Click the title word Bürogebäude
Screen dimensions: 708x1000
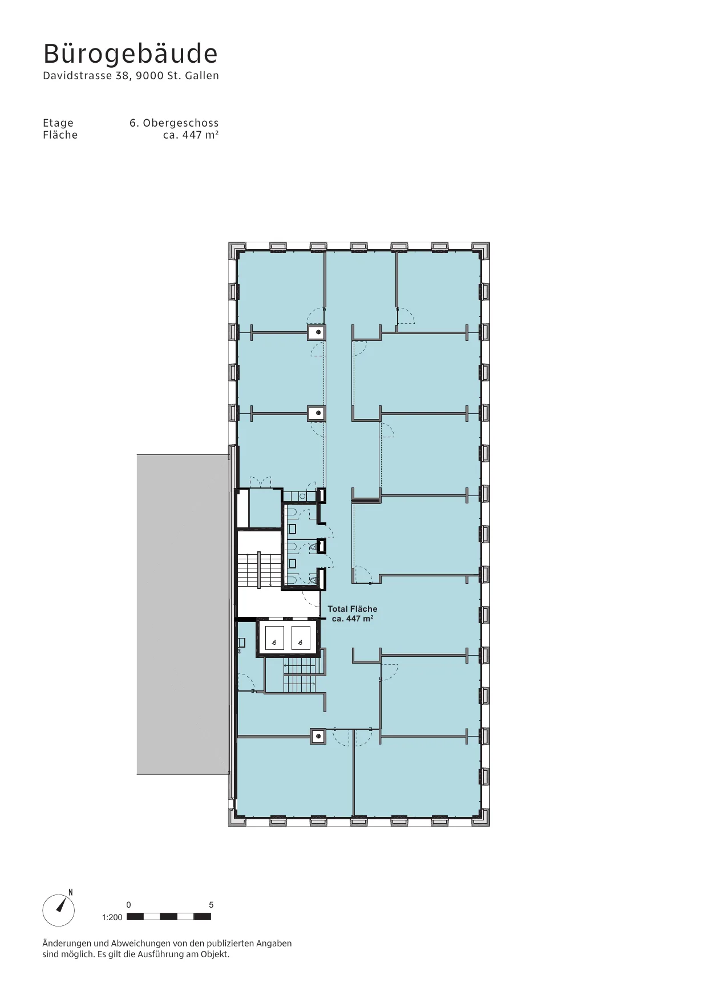(x=131, y=54)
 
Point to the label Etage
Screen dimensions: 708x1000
(x=58, y=123)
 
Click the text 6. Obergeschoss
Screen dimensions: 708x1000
(x=174, y=123)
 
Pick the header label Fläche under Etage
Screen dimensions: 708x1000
(x=60, y=135)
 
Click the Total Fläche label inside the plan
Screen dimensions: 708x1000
(x=352, y=609)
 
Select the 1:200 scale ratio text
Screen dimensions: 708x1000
(x=112, y=917)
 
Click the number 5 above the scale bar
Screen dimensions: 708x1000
(x=211, y=905)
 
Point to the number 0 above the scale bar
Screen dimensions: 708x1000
(x=129, y=905)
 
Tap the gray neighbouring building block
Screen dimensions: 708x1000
(x=183, y=615)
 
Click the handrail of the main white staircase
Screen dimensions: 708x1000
(x=259, y=569)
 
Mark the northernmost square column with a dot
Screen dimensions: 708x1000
(x=317, y=332)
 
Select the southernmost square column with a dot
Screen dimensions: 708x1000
(x=318, y=737)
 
